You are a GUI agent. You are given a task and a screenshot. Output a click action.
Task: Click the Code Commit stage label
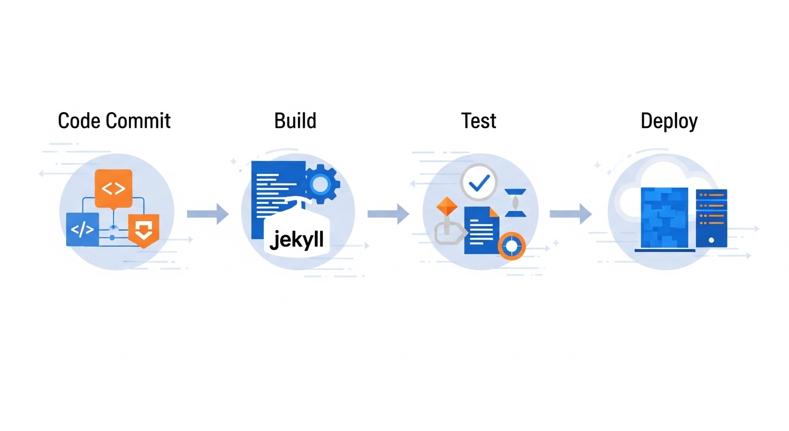[x=114, y=121]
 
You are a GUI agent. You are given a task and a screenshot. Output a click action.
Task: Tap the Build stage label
[x=295, y=121]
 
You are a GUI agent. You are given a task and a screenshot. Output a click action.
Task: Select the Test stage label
[x=479, y=121]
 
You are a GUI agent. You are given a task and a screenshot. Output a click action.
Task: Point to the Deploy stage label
[x=669, y=121]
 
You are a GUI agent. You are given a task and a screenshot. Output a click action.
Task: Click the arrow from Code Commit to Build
[x=208, y=214]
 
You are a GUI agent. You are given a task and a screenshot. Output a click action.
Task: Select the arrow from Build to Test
[x=388, y=214]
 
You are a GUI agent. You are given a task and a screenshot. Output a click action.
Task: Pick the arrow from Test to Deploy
[x=570, y=214]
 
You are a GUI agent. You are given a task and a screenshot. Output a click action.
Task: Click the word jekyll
[x=296, y=240]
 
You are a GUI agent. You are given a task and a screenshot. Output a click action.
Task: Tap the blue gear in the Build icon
[x=320, y=184]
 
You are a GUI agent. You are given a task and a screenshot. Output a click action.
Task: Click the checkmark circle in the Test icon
[x=479, y=182]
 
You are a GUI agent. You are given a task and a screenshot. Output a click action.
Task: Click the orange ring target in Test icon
[x=512, y=246]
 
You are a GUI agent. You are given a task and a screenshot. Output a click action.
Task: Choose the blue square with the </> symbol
[x=82, y=230]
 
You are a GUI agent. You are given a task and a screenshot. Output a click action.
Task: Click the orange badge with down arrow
[x=143, y=229]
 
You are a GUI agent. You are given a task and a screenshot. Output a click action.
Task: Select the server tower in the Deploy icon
[x=711, y=218]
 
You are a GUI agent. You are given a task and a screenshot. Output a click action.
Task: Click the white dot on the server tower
[x=711, y=240]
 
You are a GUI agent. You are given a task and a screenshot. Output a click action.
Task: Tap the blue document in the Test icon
[x=481, y=230]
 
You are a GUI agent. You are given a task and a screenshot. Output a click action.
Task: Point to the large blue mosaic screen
[x=664, y=218]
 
